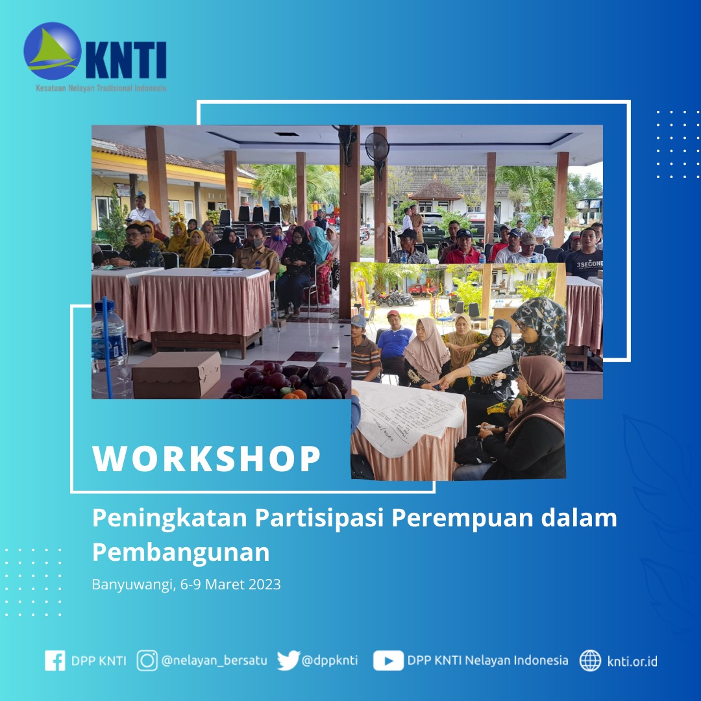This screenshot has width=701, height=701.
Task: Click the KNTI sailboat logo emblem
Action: pos(53,51)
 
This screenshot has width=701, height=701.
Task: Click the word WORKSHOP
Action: pos(207,459)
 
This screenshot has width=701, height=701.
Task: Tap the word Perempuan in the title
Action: pos(459,519)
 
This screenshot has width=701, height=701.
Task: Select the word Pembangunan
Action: pos(180,552)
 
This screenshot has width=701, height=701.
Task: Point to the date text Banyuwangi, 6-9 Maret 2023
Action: pos(186,584)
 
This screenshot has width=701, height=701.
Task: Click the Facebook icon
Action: pos(55,661)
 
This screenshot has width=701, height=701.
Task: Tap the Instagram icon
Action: pos(147,661)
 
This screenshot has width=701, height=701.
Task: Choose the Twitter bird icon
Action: pos(288,661)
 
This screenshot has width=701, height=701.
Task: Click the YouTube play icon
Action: pos(388,661)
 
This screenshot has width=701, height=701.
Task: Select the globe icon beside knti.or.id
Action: pos(590,661)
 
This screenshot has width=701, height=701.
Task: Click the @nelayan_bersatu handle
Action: pos(214,661)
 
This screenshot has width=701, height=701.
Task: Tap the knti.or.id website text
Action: pos(632,661)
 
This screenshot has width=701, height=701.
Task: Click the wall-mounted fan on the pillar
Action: pos(376,149)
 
